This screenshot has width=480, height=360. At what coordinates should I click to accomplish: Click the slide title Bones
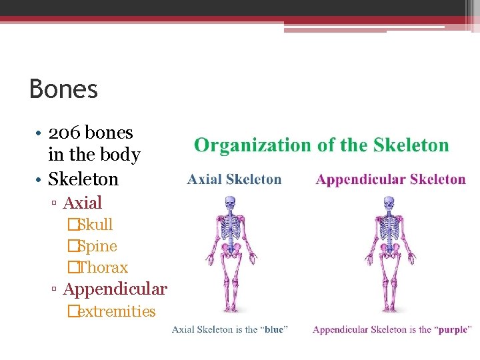tap(64, 89)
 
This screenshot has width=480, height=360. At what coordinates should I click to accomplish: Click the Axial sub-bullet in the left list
tap(82, 203)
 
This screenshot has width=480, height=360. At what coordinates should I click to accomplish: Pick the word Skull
tap(95, 225)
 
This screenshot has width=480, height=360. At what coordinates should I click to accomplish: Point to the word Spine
tap(97, 246)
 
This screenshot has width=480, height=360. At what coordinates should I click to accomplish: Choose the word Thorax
tap(103, 267)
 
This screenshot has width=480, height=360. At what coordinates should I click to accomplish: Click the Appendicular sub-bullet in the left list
tap(115, 289)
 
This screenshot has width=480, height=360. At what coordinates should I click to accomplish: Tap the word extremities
tap(116, 311)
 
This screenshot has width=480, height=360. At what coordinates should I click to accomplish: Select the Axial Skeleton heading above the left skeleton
tap(235, 179)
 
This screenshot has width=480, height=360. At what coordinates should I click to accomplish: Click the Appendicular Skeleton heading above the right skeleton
tap(391, 179)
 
